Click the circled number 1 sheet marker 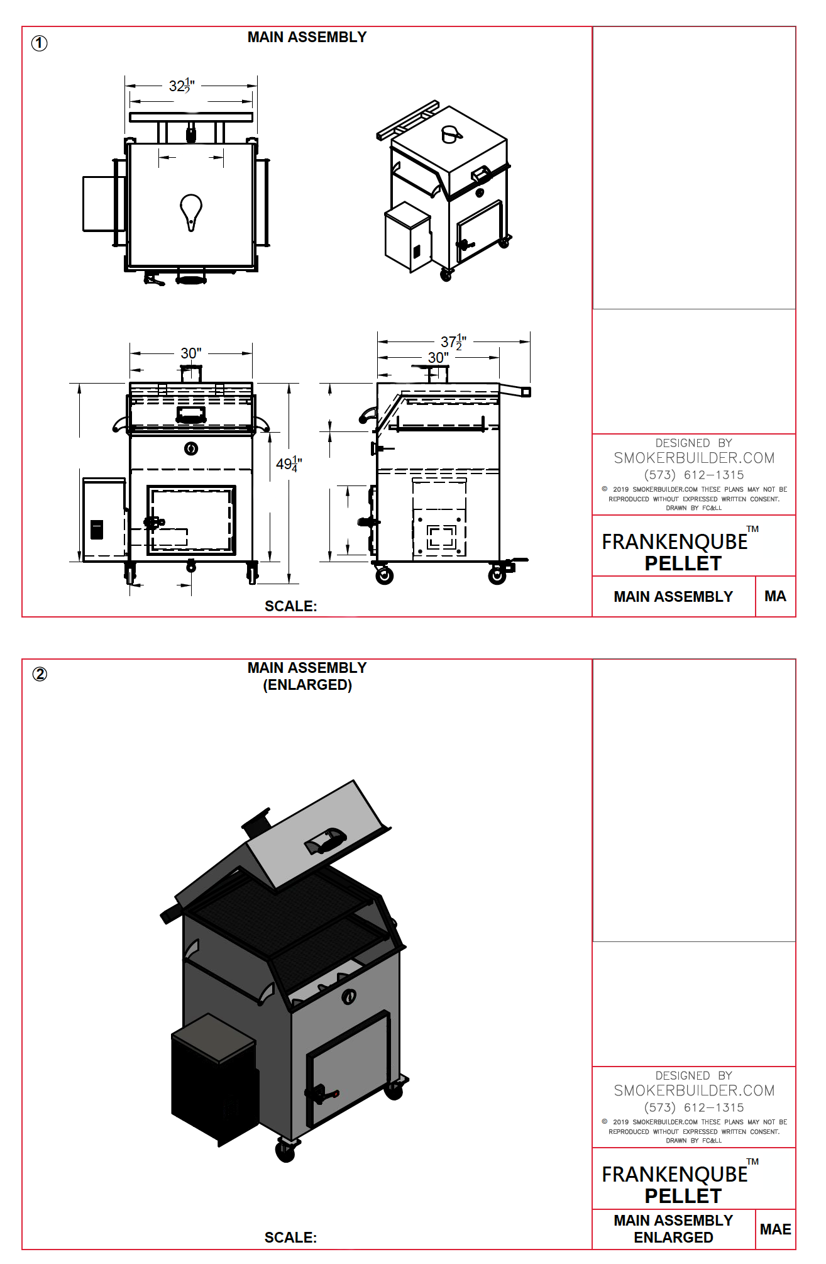(39, 43)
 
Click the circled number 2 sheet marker (40, 674)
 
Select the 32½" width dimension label (182, 86)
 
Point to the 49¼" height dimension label (289, 464)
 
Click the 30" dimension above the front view (191, 353)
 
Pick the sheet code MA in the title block (775, 596)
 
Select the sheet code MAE (775, 1229)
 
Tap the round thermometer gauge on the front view (191, 448)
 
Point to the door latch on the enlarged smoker (322, 1094)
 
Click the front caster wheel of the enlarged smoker (285, 1151)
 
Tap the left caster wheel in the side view (384, 575)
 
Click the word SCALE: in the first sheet (290, 606)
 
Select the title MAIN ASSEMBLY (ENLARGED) (307, 676)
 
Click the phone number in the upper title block (694, 475)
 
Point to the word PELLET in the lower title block (683, 1196)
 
